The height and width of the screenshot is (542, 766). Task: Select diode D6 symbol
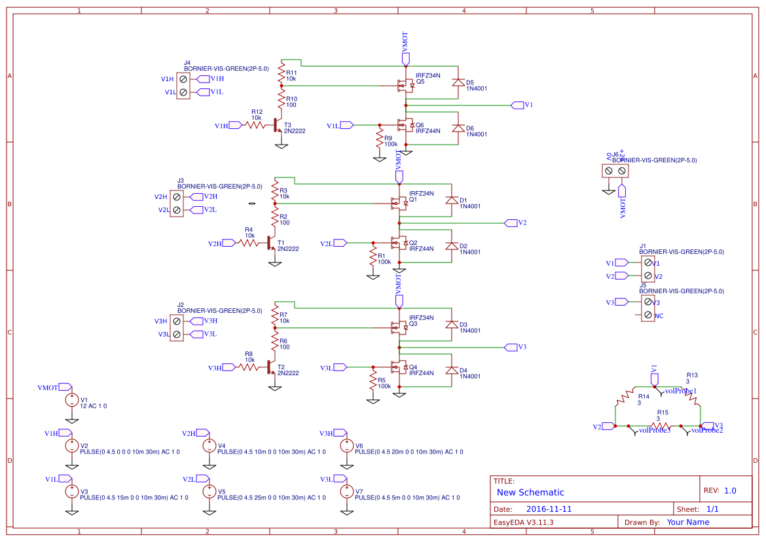[458, 128]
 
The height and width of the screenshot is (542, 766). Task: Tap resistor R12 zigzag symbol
[255, 125]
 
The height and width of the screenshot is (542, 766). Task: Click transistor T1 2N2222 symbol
[270, 243]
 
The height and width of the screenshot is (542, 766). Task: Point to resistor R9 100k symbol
[379, 139]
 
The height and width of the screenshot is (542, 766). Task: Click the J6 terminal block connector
[615, 170]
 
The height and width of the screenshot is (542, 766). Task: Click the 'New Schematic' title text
[530, 492]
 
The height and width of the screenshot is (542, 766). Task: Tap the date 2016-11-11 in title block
[549, 509]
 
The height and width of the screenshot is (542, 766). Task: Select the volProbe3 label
[655, 430]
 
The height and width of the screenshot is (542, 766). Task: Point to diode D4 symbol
[451, 370]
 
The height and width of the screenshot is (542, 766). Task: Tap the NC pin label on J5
[659, 316]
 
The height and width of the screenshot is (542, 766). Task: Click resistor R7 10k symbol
[275, 316]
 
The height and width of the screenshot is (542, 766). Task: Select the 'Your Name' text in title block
[687, 522]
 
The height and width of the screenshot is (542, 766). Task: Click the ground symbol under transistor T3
[282, 145]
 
